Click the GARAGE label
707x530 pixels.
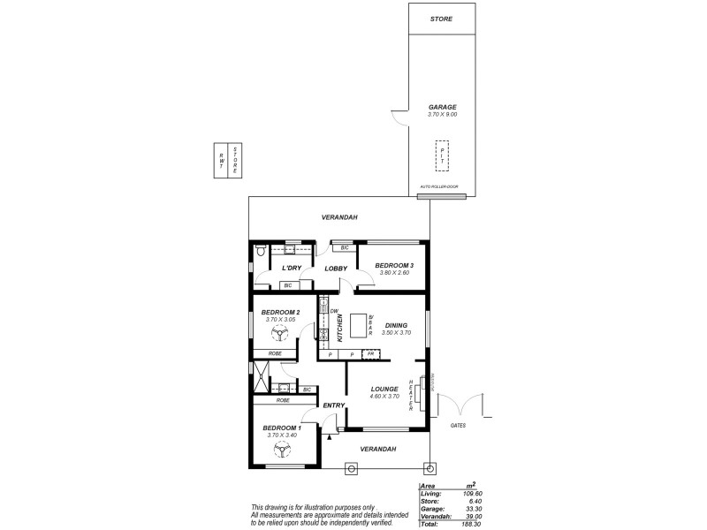442,107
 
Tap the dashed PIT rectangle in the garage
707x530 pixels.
442,155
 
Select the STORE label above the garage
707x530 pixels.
441,19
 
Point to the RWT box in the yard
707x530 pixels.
220,160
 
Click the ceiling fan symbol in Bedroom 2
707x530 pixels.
281,335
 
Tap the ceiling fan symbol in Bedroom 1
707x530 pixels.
281,450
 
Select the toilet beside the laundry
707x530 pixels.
258,253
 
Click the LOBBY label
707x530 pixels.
335,268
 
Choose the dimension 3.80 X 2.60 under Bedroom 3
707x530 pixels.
394,273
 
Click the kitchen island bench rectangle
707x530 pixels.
359,326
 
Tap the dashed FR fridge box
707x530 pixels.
371,354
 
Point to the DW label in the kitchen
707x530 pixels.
334,310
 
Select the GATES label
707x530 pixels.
458,425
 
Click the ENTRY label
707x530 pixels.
333,405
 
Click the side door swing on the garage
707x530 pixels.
399,117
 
